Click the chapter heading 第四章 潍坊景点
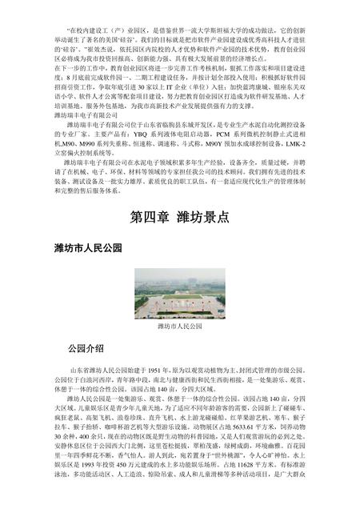click(179, 218)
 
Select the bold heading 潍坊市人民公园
click(88, 250)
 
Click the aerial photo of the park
click(179, 293)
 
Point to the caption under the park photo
click(179, 327)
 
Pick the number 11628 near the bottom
click(240, 487)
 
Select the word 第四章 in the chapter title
click(149, 218)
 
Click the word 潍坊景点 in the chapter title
click(202, 218)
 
